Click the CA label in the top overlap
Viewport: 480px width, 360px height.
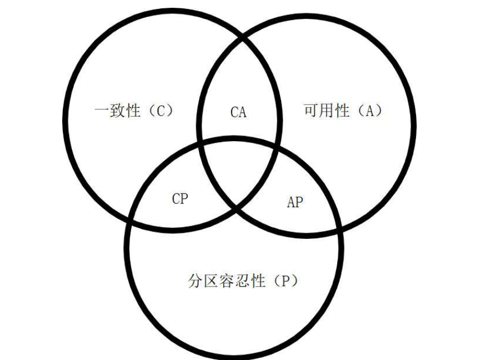(x=238, y=112)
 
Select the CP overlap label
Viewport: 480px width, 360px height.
(x=180, y=199)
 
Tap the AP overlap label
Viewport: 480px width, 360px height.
(x=295, y=202)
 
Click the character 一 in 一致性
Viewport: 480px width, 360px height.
(x=101, y=111)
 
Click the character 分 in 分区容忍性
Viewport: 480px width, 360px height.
(x=194, y=281)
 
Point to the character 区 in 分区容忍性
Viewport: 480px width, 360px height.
(x=211, y=281)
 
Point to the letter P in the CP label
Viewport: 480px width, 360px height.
(x=184, y=199)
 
